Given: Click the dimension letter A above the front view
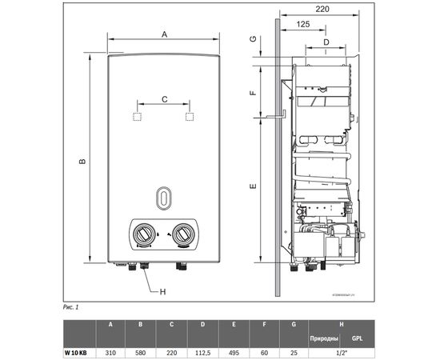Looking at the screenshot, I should (164, 34).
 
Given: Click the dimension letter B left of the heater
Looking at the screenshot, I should (81, 163).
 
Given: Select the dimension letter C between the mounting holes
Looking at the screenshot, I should (164, 99).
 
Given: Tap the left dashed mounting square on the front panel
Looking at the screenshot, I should (137, 117).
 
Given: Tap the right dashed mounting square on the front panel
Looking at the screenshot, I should (190, 117).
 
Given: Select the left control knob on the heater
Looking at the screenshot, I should (143, 234).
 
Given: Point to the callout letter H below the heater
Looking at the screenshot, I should (162, 291).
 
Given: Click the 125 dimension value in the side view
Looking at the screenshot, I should (304, 25).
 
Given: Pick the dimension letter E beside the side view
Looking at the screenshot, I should (252, 187).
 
